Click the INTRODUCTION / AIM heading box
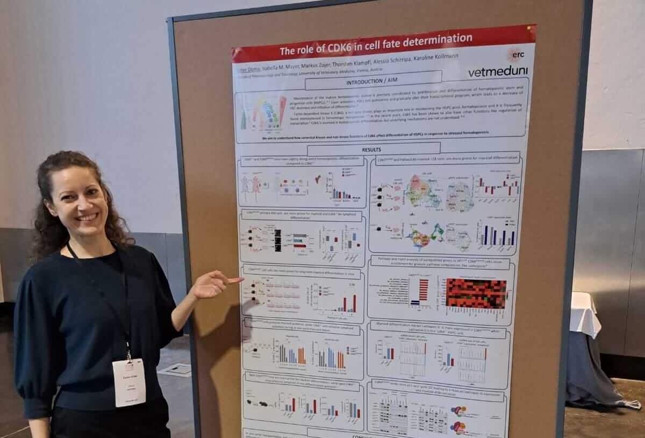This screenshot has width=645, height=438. [x=373, y=82]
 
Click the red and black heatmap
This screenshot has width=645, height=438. [x=476, y=293]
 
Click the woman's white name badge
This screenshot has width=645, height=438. [x=129, y=382]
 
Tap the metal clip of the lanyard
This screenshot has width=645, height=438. [x=128, y=355]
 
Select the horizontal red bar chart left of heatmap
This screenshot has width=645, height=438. [x=420, y=291]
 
